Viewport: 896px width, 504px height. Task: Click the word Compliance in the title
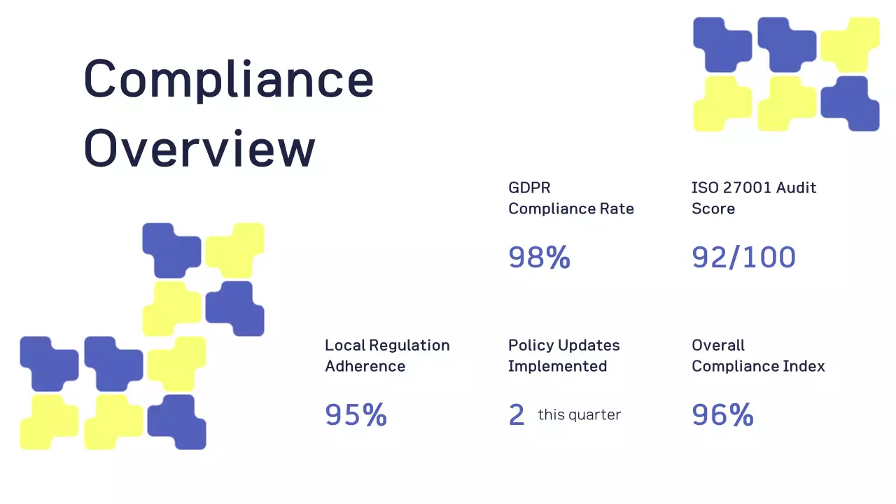click(x=228, y=80)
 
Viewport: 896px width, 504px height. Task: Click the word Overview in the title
click(x=199, y=148)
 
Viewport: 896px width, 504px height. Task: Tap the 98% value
click(x=539, y=258)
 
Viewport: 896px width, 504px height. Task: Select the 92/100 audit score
click(x=743, y=258)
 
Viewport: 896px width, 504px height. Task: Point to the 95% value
click(x=356, y=415)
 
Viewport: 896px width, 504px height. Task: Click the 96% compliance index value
click(x=722, y=415)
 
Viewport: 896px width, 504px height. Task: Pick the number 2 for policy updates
click(x=517, y=415)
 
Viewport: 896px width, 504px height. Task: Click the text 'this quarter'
click(x=579, y=415)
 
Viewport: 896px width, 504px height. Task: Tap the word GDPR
click(x=529, y=188)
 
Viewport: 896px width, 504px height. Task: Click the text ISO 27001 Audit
click(x=754, y=188)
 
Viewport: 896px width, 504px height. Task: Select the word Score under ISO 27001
click(x=713, y=209)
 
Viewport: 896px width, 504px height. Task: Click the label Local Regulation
click(x=387, y=345)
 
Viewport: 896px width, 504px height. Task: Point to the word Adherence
click(x=365, y=366)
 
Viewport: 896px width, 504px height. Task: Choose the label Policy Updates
click(x=563, y=345)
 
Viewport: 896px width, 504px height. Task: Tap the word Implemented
click(x=557, y=366)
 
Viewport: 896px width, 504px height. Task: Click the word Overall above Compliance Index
click(x=717, y=345)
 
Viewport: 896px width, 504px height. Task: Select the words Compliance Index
click(x=758, y=366)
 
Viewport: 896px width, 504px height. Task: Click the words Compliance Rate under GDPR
click(x=571, y=209)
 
